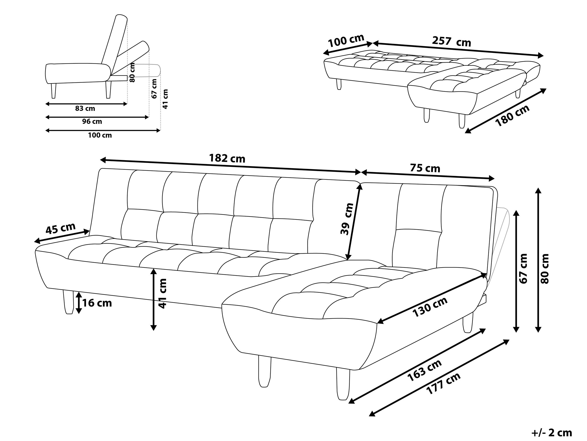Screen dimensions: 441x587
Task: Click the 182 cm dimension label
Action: coord(227,159)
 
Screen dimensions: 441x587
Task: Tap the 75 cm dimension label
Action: coord(425,168)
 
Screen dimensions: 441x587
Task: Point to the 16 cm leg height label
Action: coord(97,303)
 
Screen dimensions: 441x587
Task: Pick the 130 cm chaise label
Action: coord(430,307)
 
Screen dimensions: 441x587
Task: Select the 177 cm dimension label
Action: coord(443,384)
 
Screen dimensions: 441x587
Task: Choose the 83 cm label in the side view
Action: coord(85,108)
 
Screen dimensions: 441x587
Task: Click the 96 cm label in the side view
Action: coord(92,122)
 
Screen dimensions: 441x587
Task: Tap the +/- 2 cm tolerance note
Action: coord(551,433)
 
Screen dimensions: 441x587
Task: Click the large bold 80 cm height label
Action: coord(545,269)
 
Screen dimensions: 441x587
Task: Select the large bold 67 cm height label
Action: coord(523,269)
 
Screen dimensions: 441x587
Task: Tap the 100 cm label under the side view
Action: coord(100,135)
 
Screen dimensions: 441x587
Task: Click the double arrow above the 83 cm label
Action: coord(86,104)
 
